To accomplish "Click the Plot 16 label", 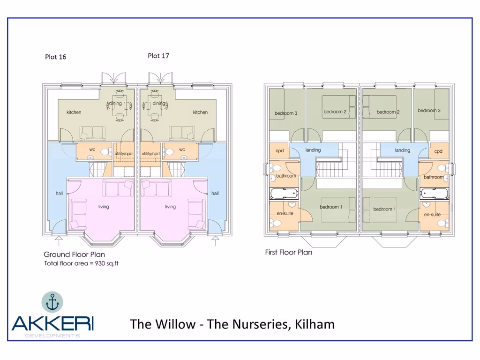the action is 55,57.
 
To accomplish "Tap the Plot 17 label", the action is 158,56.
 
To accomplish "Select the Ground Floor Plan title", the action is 74,255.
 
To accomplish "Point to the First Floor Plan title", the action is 289,252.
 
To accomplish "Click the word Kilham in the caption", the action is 315,324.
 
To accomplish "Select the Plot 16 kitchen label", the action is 74,112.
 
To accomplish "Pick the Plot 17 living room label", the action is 170,207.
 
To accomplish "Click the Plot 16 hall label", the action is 59,193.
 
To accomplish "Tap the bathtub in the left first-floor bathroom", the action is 284,193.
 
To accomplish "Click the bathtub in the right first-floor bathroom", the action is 434,193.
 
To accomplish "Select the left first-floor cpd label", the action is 280,151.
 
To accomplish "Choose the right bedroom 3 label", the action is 429,111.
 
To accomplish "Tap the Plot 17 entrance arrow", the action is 215,241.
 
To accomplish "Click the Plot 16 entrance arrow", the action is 59,241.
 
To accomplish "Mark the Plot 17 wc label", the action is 182,150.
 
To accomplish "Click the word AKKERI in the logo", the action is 52,323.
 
